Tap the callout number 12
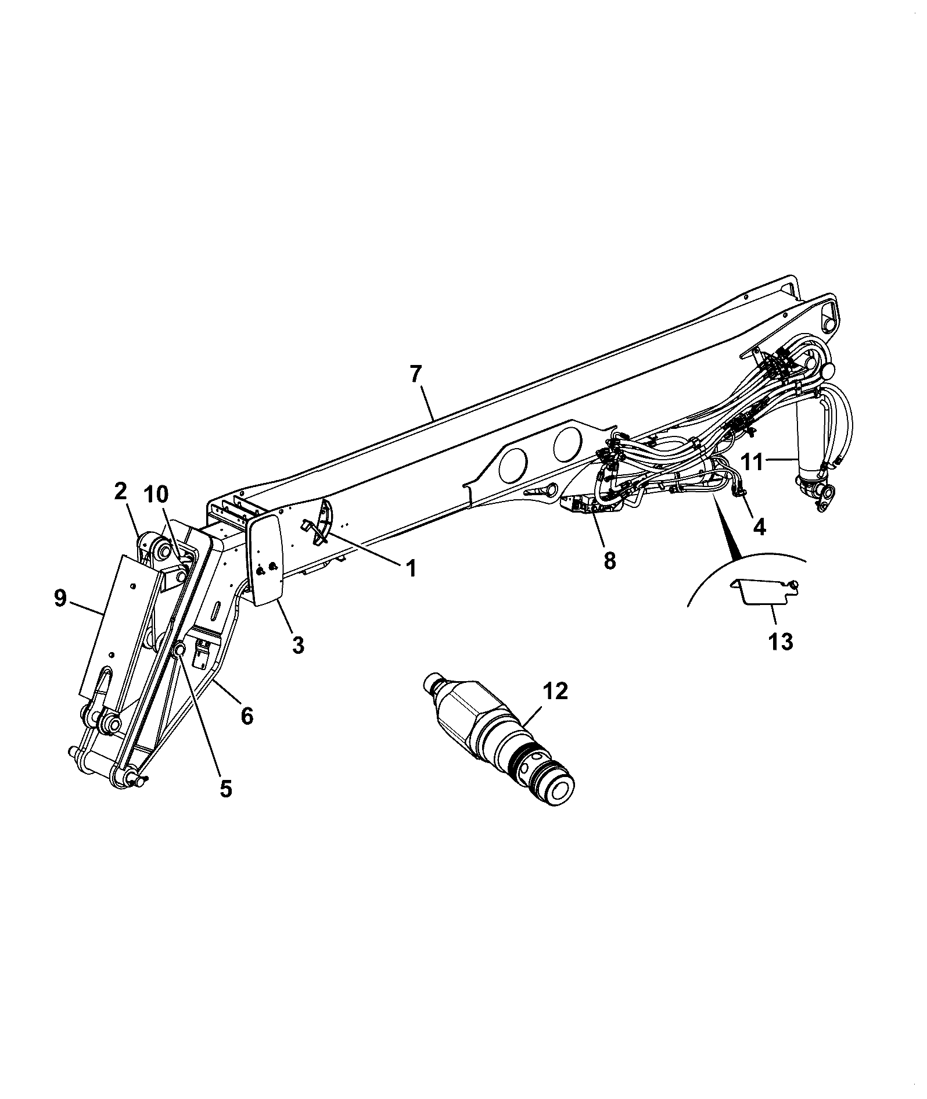tap(556, 692)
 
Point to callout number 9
tap(62, 598)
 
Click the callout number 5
tap(225, 789)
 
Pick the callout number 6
tap(247, 716)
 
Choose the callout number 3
tap(298, 645)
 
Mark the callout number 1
tap(411, 568)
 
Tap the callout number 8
tap(609, 561)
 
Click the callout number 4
tap(759, 527)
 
